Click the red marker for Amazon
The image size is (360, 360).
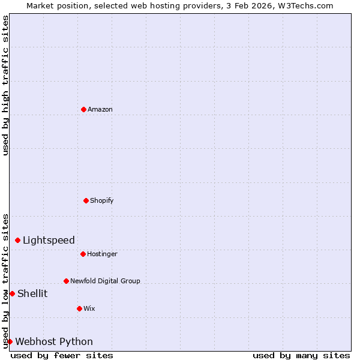83,109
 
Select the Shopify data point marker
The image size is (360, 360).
86,200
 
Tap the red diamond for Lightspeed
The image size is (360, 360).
17,240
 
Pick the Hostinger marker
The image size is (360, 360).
83,254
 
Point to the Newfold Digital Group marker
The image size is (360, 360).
66,281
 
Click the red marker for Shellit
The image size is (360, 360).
12,293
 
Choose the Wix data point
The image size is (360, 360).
79,308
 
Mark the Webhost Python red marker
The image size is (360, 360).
10,341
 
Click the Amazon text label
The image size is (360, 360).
100,109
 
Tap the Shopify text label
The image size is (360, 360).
102,200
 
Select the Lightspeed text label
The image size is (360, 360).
49,241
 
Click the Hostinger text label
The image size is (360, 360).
102,254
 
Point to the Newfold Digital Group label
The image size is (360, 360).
105,281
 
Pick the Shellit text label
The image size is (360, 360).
32,293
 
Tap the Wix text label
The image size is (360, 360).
89,308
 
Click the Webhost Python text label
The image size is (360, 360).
54,342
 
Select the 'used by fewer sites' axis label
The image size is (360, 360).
62,355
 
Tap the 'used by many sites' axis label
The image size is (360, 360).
301,355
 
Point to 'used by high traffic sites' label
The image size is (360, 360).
5,85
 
